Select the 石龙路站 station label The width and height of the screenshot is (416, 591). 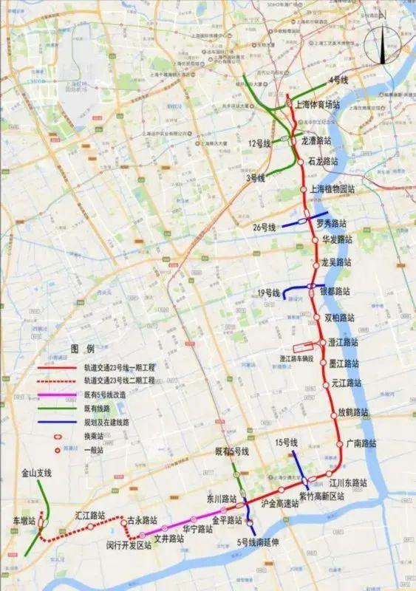tap(324, 161)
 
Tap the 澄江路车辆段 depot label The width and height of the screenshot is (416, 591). tap(302, 358)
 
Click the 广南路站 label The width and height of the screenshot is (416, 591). tap(361, 444)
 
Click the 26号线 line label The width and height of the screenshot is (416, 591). tap(263, 227)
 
